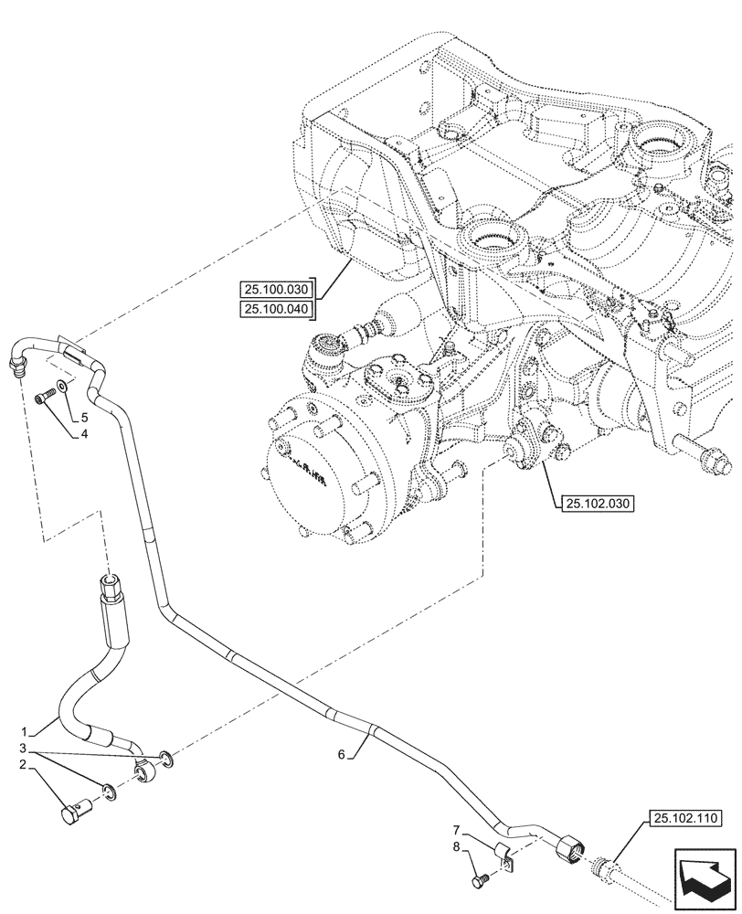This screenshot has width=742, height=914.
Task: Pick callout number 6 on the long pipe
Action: [x=343, y=755]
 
